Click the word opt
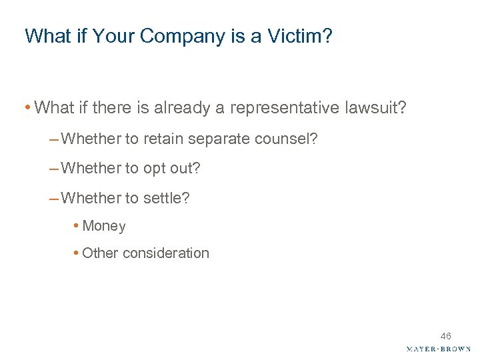(155, 169)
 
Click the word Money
(104, 226)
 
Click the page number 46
(445, 336)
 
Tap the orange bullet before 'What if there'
(27, 107)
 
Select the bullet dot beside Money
(77, 226)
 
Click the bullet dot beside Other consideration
(77, 253)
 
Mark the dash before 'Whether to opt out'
(53, 169)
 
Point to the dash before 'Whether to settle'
(53, 198)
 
